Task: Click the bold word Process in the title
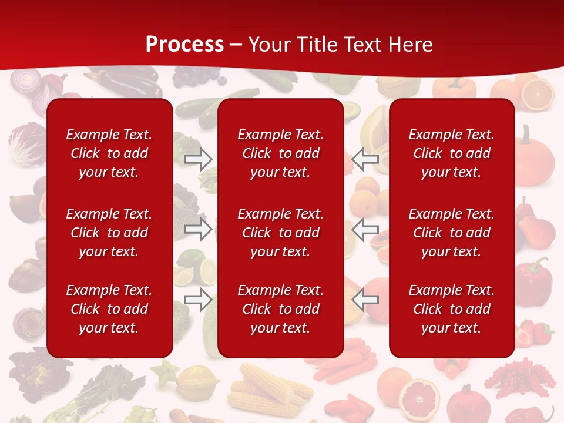(x=184, y=45)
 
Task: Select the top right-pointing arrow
(x=199, y=159)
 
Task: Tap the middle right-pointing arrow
(x=199, y=229)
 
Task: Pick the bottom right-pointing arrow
(x=199, y=300)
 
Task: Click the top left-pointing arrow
(x=365, y=159)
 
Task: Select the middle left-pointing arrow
(x=365, y=229)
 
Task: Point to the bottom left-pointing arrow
(x=365, y=300)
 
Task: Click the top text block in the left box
(x=109, y=153)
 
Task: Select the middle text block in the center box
(x=280, y=233)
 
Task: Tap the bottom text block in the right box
(x=451, y=309)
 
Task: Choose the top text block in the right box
(x=451, y=153)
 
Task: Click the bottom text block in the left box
(x=109, y=309)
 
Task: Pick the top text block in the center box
(x=280, y=153)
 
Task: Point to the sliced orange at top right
(x=537, y=94)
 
